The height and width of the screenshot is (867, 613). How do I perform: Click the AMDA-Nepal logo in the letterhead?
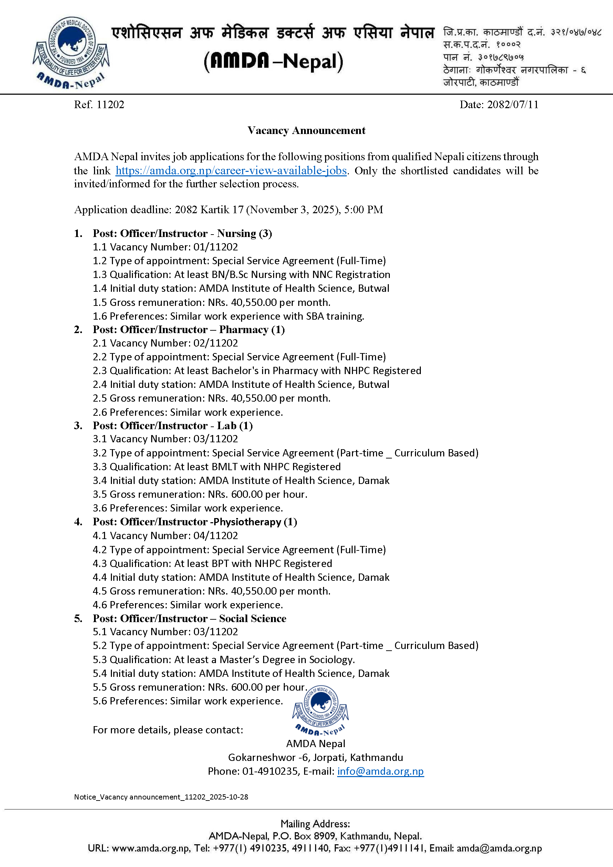click(71, 52)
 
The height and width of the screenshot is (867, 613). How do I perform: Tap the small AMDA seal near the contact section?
click(321, 710)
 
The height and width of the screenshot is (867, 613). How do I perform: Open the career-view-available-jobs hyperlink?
click(231, 171)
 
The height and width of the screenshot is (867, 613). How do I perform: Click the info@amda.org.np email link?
click(381, 771)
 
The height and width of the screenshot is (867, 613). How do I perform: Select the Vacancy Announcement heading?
click(306, 130)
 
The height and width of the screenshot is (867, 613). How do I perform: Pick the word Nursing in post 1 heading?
click(237, 233)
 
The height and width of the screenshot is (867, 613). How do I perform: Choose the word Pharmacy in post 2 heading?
click(244, 330)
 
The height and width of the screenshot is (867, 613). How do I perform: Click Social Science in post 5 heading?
click(252, 619)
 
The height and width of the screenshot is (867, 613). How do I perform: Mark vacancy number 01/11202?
click(216, 247)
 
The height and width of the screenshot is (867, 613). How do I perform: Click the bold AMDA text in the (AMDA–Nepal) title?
click(240, 61)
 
